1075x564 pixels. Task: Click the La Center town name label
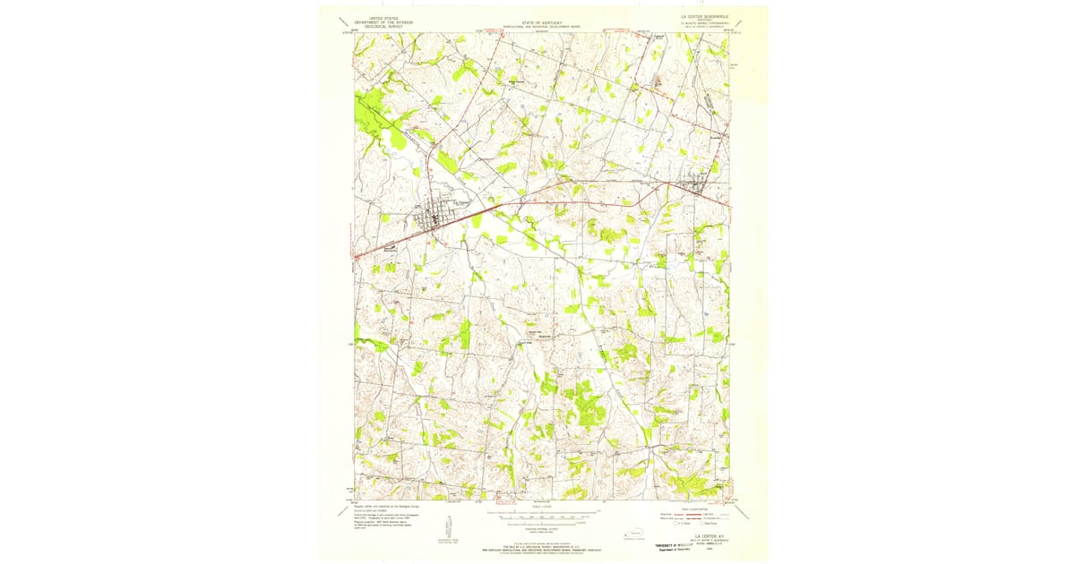460,202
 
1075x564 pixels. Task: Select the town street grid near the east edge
696,186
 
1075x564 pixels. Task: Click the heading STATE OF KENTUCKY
537,20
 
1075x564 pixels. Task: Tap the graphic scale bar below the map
537,517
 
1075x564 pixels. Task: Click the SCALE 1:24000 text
537,508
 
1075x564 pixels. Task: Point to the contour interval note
537,530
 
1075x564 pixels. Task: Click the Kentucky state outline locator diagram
637,535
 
